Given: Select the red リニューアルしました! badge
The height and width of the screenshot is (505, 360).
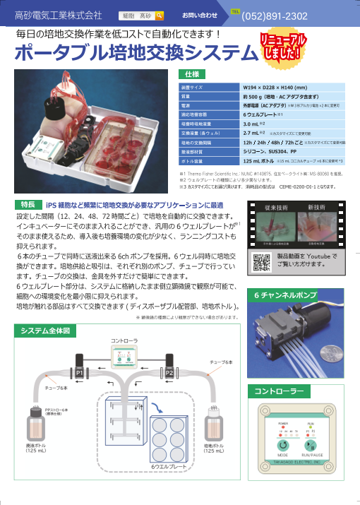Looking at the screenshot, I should (x=284, y=47).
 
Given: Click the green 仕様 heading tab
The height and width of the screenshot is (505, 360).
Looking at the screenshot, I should (x=191, y=74).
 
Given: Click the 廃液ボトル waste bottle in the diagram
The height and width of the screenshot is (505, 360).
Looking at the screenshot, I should (x=35, y=428).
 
